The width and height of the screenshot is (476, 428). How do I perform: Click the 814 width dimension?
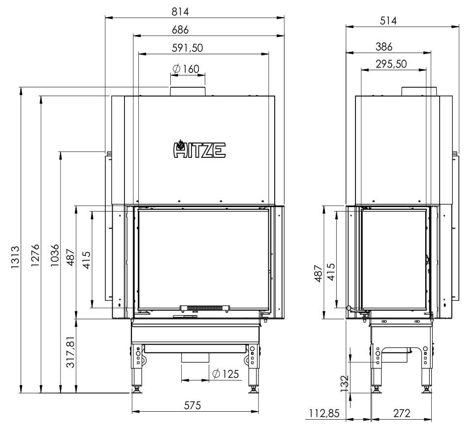[180, 11]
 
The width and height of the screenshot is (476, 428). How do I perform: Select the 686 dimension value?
[180, 30]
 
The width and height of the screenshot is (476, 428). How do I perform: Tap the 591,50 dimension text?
[188, 48]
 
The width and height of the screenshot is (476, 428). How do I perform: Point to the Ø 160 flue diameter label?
[186, 69]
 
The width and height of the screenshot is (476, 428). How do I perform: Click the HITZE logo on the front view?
[199, 149]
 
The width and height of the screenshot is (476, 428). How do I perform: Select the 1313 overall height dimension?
[15, 257]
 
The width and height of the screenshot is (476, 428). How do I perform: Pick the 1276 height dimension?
[35, 255]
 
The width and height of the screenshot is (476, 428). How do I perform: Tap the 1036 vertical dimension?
[55, 255]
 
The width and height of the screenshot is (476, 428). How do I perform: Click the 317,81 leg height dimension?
[70, 352]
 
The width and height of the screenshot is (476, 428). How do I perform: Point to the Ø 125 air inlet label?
[225, 374]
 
